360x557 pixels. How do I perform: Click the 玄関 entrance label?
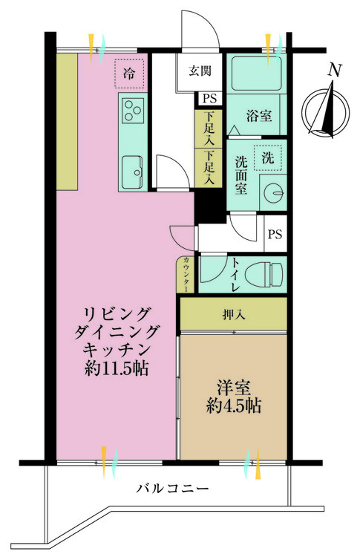(x=200, y=71)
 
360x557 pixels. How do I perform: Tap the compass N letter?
(x=335, y=70)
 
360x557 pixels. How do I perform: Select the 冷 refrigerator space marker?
(x=129, y=74)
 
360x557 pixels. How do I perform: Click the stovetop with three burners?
(x=133, y=110)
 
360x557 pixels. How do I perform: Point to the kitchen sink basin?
(x=133, y=172)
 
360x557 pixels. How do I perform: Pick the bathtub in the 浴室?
(x=257, y=74)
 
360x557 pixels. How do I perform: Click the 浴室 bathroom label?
(x=259, y=116)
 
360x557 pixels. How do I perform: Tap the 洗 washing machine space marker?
(x=268, y=157)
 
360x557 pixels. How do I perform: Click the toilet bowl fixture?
(x=264, y=275)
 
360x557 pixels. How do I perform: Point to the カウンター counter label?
(x=186, y=274)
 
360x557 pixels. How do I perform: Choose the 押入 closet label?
(x=234, y=314)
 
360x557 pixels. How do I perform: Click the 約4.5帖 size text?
(x=234, y=405)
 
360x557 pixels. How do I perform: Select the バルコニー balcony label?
(x=172, y=489)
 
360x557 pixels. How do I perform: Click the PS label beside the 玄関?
(x=209, y=98)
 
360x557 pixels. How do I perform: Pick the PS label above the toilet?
(x=275, y=234)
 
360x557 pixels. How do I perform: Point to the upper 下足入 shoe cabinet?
(x=209, y=128)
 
